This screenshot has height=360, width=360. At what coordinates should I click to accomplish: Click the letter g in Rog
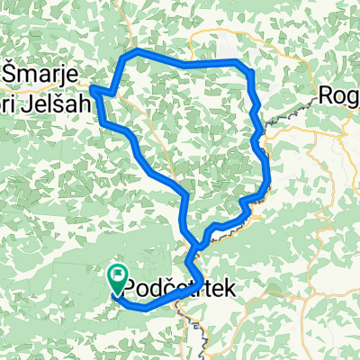click(353, 97)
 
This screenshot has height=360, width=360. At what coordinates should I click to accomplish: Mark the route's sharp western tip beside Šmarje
click(93, 88)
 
